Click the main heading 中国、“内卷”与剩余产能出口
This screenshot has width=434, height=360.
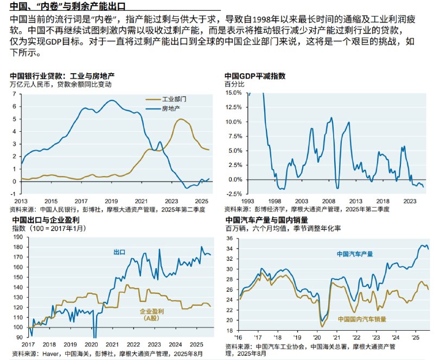68,7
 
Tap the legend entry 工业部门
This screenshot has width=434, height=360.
175,100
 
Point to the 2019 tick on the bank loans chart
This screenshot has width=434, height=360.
111,200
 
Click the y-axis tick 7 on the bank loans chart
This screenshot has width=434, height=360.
15,93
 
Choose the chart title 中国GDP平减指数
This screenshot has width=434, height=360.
255,76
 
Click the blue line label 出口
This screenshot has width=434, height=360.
119,252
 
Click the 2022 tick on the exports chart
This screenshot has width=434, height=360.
133,344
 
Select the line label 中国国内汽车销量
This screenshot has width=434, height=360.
362,319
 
